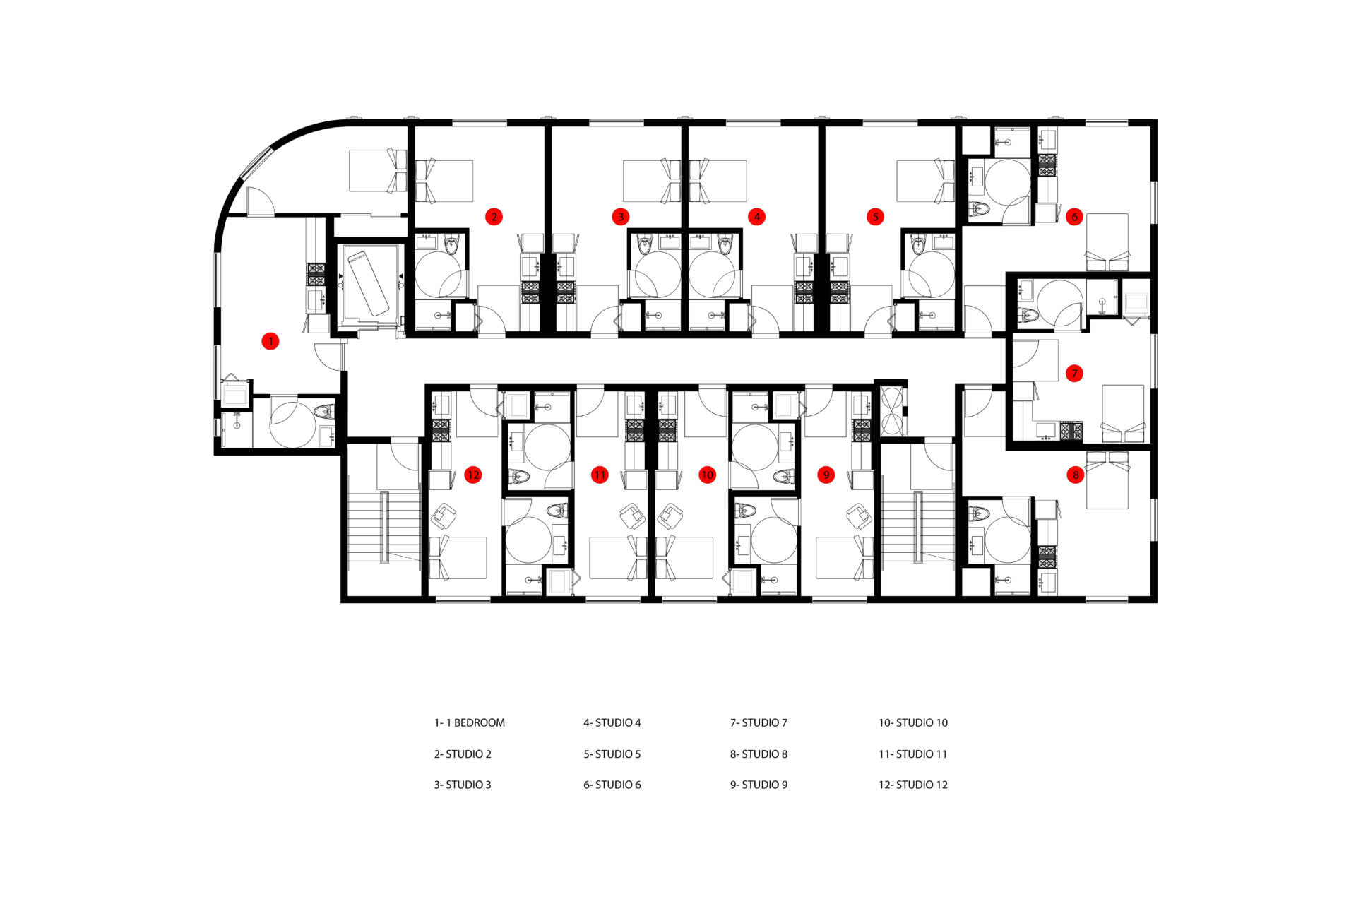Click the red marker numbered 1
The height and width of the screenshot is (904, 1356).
coord(270,341)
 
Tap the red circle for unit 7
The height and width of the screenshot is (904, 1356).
coord(1074,374)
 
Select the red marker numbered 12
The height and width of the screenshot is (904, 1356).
coord(473,475)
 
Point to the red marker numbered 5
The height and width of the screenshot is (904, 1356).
coord(875,217)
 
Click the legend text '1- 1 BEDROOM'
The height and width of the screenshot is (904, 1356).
coord(469,722)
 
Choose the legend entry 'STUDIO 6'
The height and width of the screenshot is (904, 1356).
coord(612,785)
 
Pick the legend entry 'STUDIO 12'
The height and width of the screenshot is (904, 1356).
coord(912,785)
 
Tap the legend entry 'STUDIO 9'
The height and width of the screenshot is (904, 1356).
coord(759,785)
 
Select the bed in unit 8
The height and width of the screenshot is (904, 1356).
coord(1107,480)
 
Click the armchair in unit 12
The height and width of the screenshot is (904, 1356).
coord(444,516)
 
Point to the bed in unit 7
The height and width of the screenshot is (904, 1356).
coord(1123,413)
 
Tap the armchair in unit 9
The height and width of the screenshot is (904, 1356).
coord(859,516)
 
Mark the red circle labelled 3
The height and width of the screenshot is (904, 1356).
coord(621,217)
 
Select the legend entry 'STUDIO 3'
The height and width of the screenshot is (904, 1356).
coord(462,785)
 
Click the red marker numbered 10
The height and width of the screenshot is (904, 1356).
coord(707,475)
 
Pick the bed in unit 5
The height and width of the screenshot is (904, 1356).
coord(924,181)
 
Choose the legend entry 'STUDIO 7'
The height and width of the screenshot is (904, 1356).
coord(759,722)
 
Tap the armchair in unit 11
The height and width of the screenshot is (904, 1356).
coord(632,516)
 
